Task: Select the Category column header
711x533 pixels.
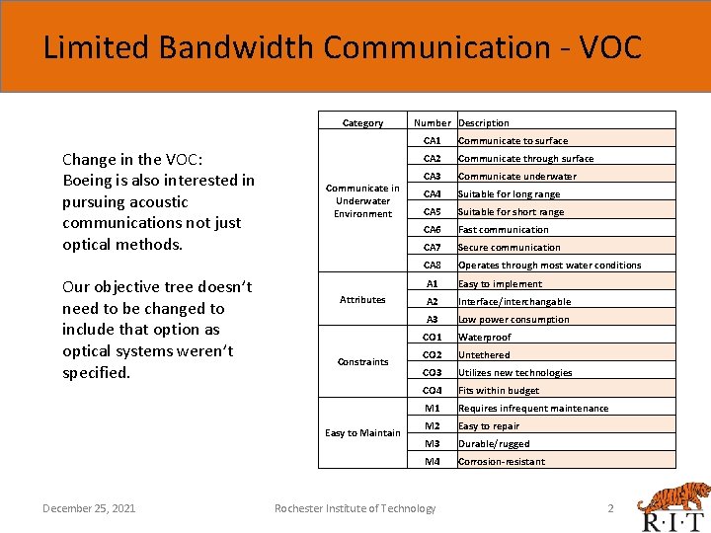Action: coord(362,123)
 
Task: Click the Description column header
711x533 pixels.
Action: coord(484,123)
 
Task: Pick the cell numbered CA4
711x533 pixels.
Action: coord(433,194)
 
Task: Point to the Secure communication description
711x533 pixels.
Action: coord(509,248)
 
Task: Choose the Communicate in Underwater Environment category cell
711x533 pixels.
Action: coord(362,200)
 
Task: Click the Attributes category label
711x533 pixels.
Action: coord(362,299)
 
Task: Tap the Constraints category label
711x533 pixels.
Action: coord(362,361)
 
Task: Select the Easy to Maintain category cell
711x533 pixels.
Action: coord(362,432)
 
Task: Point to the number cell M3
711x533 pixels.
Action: coord(433,444)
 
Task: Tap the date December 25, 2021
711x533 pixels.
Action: coord(89,508)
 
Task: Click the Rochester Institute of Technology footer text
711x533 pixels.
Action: coord(355,508)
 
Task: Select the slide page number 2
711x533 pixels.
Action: coord(610,508)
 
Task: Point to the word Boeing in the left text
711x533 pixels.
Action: coord(89,181)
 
